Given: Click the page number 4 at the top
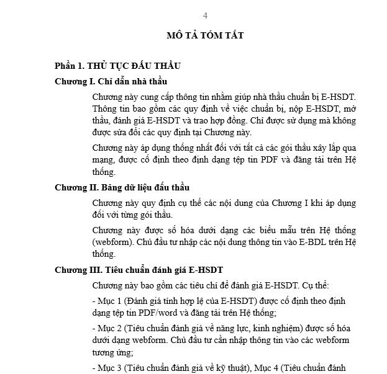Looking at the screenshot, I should (205, 16).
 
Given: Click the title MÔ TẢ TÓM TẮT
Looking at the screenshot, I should (205, 35).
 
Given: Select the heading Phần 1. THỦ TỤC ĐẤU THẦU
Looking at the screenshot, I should (117, 66).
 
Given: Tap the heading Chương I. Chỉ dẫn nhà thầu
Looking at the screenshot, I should (111, 81).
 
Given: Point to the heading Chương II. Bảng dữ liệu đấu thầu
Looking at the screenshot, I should (122, 187).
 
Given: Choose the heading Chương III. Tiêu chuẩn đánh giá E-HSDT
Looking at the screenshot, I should (139, 270).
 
